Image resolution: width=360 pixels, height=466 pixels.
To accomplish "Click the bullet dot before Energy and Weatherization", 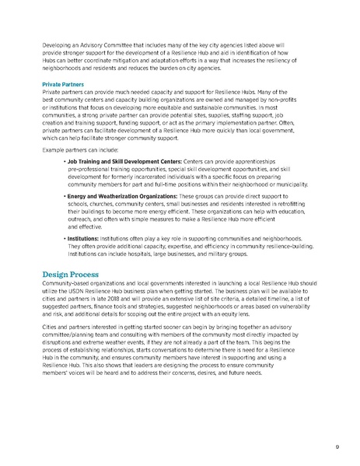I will (x=64, y=198).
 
